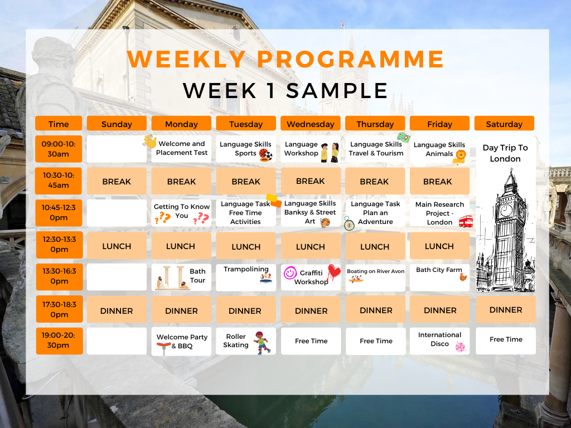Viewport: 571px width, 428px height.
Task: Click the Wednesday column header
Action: [x=310, y=124]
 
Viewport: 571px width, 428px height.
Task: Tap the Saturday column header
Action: [x=504, y=124]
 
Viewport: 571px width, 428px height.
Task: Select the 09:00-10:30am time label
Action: [x=59, y=149]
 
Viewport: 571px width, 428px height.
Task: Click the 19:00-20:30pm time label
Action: [x=59, y=341]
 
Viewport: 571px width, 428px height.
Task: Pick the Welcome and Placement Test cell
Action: [x=181, y=149]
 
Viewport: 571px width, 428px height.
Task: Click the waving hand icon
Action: [x=149, y=141]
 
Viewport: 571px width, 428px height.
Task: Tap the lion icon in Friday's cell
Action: [x=460, y=157]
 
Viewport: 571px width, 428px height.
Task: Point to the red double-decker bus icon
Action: [x=466, y=221]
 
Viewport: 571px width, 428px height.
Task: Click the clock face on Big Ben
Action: [x=506, y=210]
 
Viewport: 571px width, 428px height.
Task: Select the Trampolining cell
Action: [x=246, y=278]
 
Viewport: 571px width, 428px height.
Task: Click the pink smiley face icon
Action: [x=290, y=273]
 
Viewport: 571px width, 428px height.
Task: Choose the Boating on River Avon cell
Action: [x=375, y=278]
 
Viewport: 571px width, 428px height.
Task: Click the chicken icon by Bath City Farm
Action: [x=463, y=278]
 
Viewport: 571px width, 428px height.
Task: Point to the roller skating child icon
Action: [x=262, y=343]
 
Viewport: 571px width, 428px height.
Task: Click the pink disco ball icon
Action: [x=461, y=347]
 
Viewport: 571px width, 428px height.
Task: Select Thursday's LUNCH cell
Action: [x=375, y=246]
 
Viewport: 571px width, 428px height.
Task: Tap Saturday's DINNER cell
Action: [x=506, y=310]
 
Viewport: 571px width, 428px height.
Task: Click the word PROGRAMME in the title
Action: [x=350, y=59]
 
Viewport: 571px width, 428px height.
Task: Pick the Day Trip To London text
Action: [x=505, y=153]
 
